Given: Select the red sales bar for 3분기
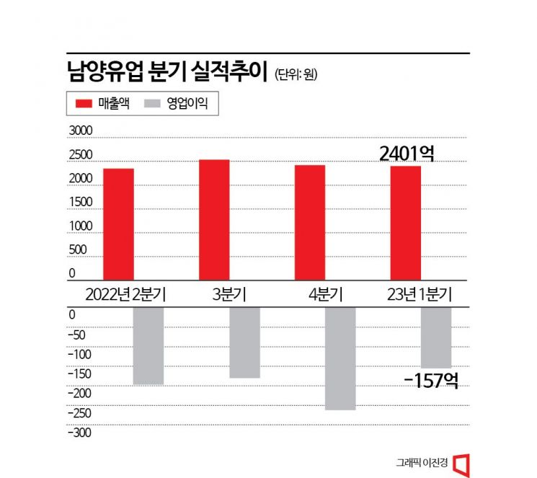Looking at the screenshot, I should coord(214,220).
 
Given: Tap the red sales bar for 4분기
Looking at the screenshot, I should coord(309,222).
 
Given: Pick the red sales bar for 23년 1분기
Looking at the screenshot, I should coord(405,223).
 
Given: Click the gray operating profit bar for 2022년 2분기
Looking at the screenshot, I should coord(148,345).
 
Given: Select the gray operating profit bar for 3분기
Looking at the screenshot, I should coord(244,342).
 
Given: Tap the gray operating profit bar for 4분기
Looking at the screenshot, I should coord(340,358).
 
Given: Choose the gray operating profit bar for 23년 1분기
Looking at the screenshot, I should coord(436,337).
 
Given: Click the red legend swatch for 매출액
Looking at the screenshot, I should coord(84,104).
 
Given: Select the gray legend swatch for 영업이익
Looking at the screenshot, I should coord(153,104).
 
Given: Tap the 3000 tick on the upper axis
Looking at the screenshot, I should coord(81,130).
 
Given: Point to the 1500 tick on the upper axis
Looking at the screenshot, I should coord(81,202).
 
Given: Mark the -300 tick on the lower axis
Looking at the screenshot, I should coord(79,433).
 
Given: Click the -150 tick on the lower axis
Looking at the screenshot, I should coord(79,373).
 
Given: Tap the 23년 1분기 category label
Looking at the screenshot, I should coord(419,294).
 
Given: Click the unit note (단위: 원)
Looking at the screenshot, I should coord(296,74).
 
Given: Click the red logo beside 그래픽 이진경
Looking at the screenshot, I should coord(463,462).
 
